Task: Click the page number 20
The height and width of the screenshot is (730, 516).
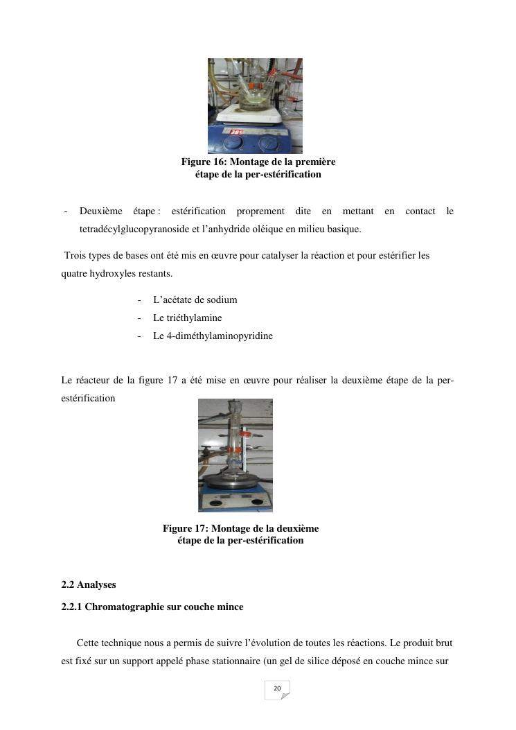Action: pos(277,688)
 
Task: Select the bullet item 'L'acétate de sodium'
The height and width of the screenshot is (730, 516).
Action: pos(195,300)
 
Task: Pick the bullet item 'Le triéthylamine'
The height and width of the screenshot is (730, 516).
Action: pos(187,318)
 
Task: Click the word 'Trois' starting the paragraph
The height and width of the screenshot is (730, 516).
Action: pos(75,256)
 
